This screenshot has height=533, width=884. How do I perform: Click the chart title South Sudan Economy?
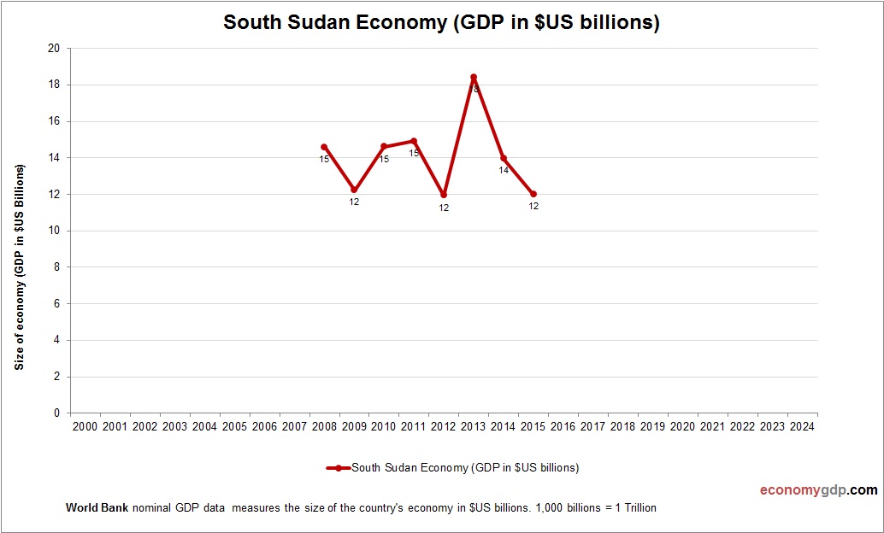point(441,23)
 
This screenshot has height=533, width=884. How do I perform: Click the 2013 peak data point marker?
point(474,78)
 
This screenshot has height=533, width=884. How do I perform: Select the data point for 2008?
point(324,147)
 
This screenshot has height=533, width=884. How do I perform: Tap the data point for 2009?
point(354,190)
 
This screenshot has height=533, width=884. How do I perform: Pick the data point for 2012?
point(444,195)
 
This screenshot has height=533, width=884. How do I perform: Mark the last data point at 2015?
point(533,194)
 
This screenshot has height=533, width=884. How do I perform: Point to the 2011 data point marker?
point(414,141)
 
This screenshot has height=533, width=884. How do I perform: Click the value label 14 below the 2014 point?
point(504,170)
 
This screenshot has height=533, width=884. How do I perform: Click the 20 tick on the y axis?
point(54,49)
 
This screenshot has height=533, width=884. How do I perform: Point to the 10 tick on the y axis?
point(54,231)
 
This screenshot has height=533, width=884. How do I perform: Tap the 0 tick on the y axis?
point(56,413)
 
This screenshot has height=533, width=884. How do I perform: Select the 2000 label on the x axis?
point(85,426)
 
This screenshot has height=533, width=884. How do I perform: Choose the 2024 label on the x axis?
point(802,426)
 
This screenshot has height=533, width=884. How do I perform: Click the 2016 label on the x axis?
point(563,426)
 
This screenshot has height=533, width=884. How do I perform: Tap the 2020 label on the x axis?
point(682,426)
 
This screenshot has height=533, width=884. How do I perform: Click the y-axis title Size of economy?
point(19,266)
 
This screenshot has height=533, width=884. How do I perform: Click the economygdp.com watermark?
point(818,490)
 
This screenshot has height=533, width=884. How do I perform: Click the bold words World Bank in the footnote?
point(97,507)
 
